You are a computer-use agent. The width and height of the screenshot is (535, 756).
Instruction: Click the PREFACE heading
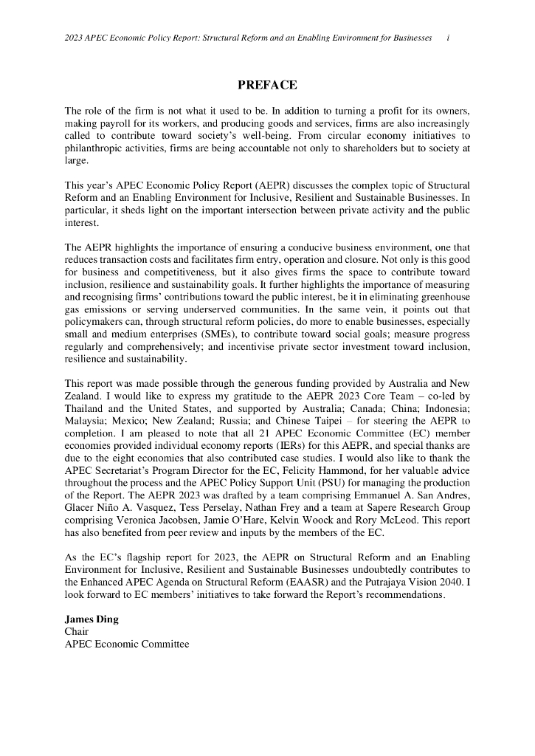coord(267,86)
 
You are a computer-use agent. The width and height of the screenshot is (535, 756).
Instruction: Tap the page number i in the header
coord(449,38)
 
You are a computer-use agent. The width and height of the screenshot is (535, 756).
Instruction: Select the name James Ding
coord(92,619)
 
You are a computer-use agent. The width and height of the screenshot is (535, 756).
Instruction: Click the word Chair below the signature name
coord(77,632)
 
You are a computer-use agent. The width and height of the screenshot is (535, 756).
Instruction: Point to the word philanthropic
coord(97,148)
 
